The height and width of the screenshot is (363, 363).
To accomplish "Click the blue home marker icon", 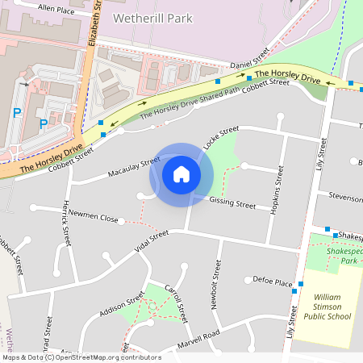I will pyautogui.click(x=181, y=173).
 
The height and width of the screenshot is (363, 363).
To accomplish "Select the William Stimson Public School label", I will pyautogui.click(x=327, y=307).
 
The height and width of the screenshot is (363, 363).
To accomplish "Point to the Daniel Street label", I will pyautogui.click(x=249, y=61).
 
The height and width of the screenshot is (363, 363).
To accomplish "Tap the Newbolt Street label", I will pyautogui.click(x=217, y=282).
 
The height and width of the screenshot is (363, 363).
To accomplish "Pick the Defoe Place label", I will pyautogui.click(x=272, y=282).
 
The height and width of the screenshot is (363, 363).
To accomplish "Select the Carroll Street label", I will pyautogui.click(x=177, y=302).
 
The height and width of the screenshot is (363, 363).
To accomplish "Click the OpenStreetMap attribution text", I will pyautogui.click(x=81, y=357).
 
